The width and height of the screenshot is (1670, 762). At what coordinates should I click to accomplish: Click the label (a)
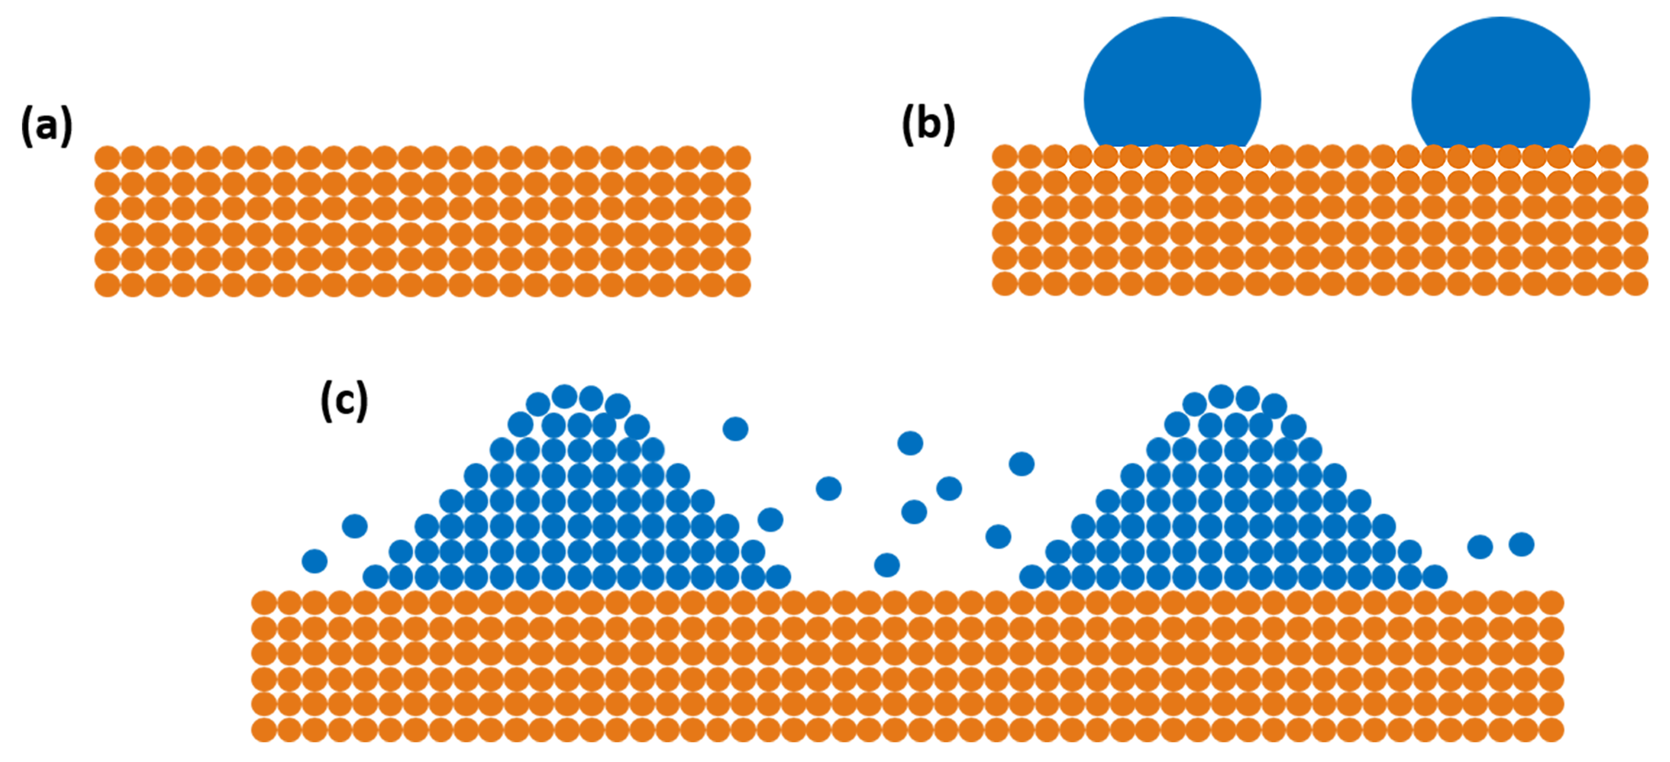click(x=47, y=126)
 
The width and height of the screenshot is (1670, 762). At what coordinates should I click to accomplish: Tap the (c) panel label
click(x=344, y=401)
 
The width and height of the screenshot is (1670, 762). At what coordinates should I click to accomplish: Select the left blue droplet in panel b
click(x=1172, y=84)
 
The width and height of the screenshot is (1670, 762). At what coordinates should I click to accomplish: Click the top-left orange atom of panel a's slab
click(x=107, y=158)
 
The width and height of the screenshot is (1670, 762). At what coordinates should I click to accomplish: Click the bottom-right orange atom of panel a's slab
click(x=738, y=285)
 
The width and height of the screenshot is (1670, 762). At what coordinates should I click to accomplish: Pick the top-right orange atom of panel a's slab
click(x=738, y=158)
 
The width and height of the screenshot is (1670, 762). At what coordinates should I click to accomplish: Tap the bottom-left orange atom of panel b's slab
click(x=1004, y=283)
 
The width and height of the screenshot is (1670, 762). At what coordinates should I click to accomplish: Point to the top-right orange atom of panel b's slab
click(x=1635, y=156)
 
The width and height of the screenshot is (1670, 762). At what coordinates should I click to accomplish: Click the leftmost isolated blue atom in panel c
click(x=315, y=561)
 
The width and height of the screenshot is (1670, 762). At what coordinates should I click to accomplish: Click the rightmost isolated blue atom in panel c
click(x=1521, y=544)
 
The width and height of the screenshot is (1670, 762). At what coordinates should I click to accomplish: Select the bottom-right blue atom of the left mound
click(x=779, y=576)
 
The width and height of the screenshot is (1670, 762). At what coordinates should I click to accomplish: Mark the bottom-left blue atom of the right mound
click(x=1032, y=576)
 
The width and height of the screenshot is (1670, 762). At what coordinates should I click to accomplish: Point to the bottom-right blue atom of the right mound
click(x=1436, y=576)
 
